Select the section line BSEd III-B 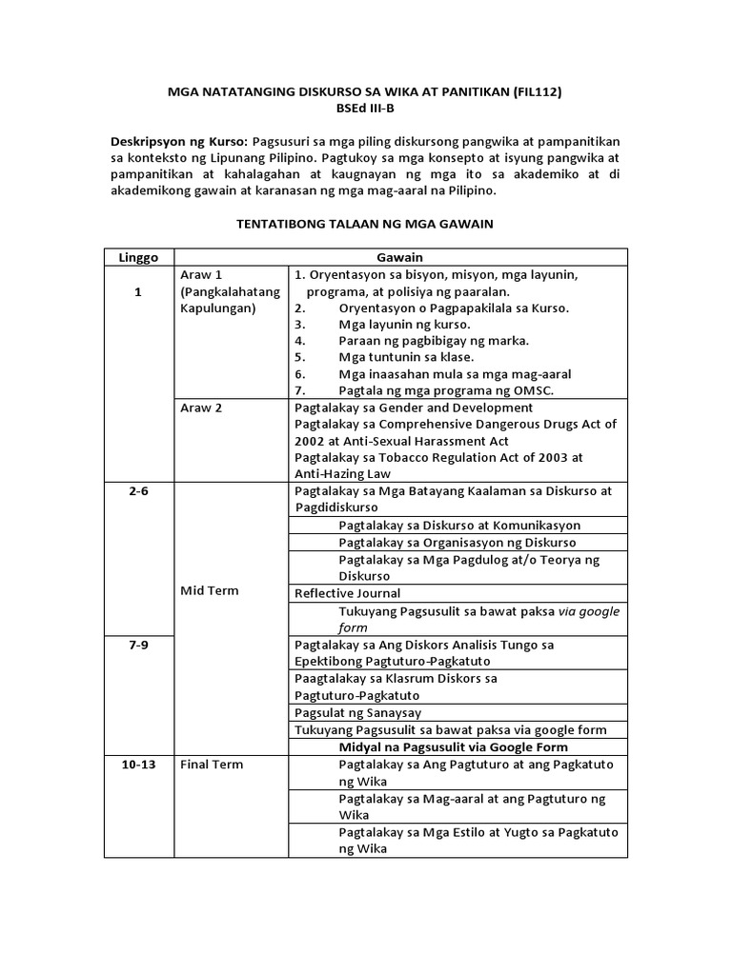coord(366,109)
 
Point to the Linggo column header coord(139,257)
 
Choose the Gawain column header coord(399,257)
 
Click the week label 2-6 coord(139,491)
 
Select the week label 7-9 coord(139,645)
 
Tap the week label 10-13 coord(139,764)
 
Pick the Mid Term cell coord(210,590)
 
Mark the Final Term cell coord(213,764)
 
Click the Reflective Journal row coord(347,593)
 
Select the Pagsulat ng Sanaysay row coord(358,713)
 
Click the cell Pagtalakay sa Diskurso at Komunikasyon coord(459,525)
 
